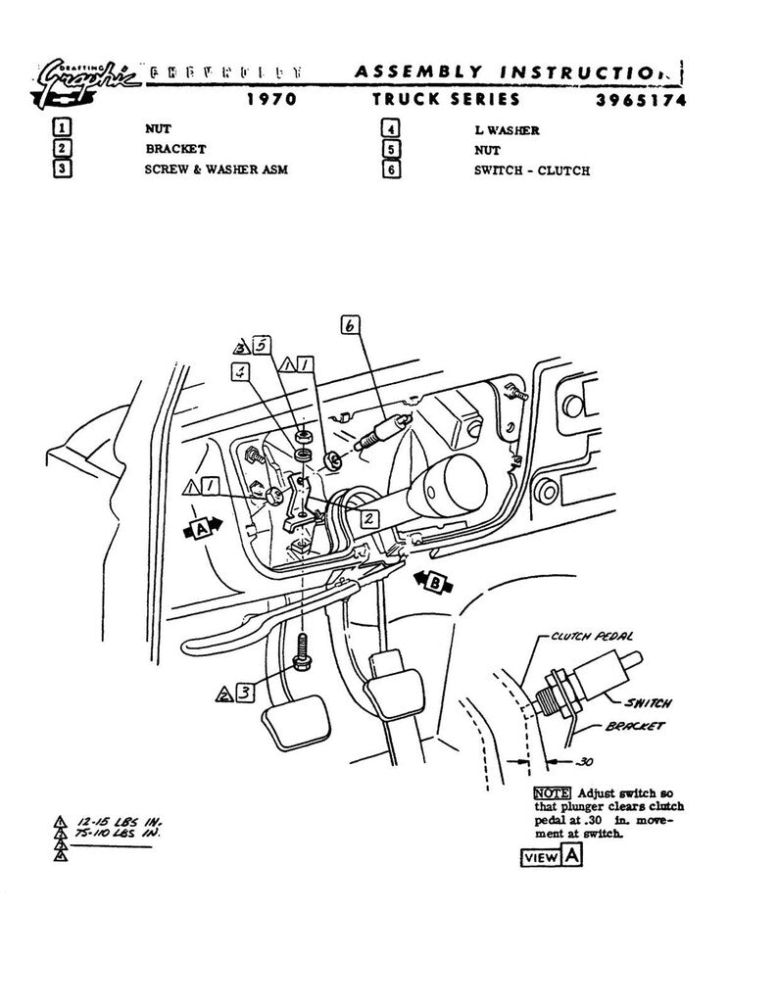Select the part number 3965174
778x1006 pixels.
click(x=640, y=99)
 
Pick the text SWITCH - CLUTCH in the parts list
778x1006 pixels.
click(x=531, y=170)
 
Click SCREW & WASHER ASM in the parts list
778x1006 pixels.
click(x=211, y=170)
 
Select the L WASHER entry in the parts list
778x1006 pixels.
click(x=507, y=128)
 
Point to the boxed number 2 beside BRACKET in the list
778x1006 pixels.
click(x=62, y=150)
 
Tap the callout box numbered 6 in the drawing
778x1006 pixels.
click(x=351, y=325)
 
